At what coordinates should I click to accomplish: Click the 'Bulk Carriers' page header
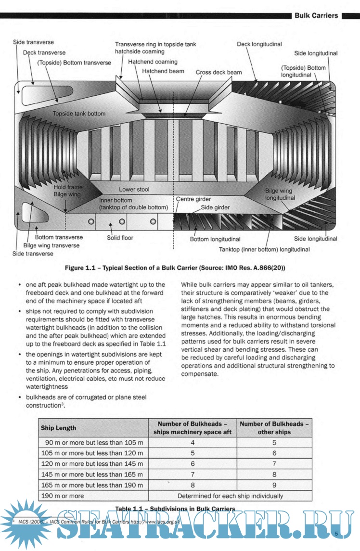[x=316, y=16]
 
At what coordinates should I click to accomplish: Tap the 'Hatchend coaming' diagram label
[x=153, y=62]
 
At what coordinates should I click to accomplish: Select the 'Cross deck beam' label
[x=219, y=72]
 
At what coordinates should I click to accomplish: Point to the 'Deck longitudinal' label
[x=259, y=44]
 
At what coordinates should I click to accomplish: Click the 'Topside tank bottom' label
[x=79, y=114]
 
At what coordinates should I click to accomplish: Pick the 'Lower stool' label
[x=134, y=190]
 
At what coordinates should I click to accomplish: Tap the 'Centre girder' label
[x=193, y=199]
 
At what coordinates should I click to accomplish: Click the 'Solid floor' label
[x=120, y=238]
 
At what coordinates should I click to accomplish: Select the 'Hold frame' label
[x=68, y=187]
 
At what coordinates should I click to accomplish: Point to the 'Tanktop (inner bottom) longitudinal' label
[x=264, y=250]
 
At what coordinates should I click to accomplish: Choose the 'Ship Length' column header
[x=58, y=428]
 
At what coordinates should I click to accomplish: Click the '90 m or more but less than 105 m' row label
[x=91, y=443]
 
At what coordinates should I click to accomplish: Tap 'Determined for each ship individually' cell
[x=230, y=496]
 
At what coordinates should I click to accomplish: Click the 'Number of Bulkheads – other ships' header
[x=274, y=428]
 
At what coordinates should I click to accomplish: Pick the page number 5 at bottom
[x=336, y=533]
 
